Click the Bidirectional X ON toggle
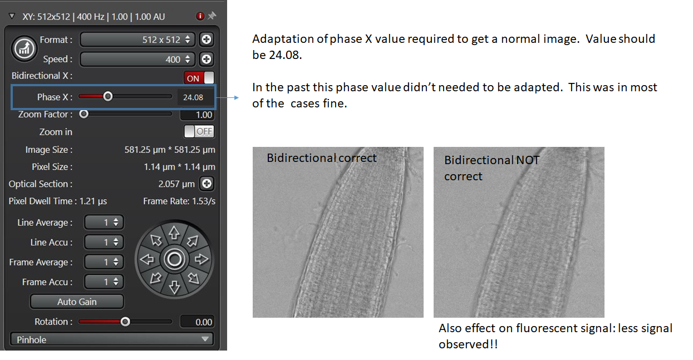coord(199,78)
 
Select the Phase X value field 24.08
coord(194,97)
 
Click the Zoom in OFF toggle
coord(199,131)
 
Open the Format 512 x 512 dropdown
coord(137,40)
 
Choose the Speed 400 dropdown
coord(137,59)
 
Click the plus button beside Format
coord(207,40)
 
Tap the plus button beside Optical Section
coord(207,184)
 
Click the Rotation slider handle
coord(125,322)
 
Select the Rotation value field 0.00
coord(197,322)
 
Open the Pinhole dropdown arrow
coord(205,339)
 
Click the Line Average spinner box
coord(104,223)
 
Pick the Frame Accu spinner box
coord(104,282)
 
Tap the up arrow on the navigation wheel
coord(174,233)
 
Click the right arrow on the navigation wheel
coord(201,259)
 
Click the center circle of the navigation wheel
coord(174,259)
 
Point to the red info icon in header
coord(200,16)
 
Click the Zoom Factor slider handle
coord(83,114)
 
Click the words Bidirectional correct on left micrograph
coord(321,158)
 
